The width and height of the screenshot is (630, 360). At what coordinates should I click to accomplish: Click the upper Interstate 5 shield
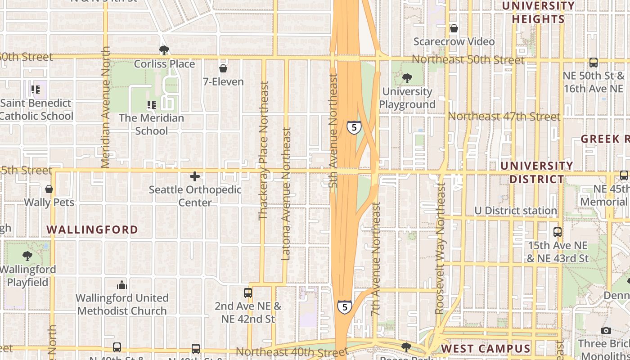coord(354,127)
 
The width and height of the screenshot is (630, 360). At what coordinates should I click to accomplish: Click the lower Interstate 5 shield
coord(345,307)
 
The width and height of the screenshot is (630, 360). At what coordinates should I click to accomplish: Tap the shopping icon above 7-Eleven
coord(223,68)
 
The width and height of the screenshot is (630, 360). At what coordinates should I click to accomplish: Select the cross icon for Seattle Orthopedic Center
coord(195,176)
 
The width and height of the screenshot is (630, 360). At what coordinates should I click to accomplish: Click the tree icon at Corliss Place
coord(164,50)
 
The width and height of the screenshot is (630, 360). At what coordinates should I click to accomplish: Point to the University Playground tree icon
coord(407,78)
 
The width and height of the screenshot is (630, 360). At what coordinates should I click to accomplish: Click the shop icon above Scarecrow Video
coord(454,28)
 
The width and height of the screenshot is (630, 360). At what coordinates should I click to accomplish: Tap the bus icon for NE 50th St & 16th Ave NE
coord(594,63)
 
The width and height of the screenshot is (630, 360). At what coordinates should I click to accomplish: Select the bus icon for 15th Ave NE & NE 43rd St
coord(558,232)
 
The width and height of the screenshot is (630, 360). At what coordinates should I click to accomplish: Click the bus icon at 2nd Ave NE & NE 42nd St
coord(247,293)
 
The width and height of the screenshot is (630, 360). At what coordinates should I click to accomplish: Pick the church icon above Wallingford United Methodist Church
coord(121,285)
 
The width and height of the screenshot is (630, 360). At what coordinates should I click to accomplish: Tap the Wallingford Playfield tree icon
coord(27,256)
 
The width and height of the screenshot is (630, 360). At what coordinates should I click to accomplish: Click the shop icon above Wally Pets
coord(49,189)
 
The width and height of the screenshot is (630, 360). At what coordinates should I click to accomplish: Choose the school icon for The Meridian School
coord(152,105)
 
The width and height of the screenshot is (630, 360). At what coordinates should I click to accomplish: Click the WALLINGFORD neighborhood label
coord(93,230)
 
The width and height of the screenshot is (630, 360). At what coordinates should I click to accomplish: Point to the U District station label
coord(516,211)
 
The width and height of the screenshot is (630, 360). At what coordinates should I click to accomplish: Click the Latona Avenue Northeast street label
coord(286,193)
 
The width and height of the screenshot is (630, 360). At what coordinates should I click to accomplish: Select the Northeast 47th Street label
coord(504,117)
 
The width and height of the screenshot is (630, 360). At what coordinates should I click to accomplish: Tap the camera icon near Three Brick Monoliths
coord(606,330)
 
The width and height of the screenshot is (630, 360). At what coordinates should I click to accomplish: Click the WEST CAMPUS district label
coord(486,349)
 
